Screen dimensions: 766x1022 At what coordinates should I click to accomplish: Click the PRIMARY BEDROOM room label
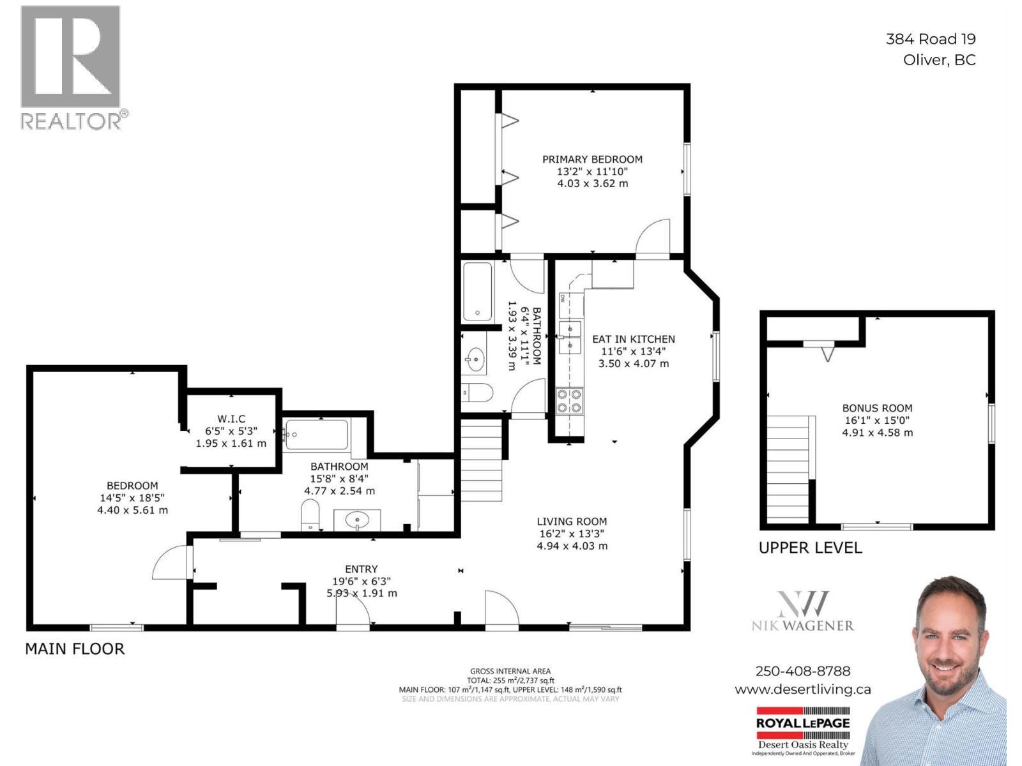(x=592, y=160)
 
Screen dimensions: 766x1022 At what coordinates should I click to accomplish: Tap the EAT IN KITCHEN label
(x=633, y=340)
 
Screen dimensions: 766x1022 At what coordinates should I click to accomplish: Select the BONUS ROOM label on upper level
(x=877, y=409)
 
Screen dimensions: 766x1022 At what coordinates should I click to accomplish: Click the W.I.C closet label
(x=231, y=419)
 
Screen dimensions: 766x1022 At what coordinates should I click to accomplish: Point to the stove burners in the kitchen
(x=569, y=401)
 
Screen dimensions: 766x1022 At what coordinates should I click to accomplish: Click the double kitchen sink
(x=570, y=336)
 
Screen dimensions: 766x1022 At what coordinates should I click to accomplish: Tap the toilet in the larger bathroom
(x=310, y=514)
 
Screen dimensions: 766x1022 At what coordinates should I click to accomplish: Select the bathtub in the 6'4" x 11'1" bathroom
(x=478, y=292)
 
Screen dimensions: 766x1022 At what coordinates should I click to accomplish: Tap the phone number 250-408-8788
(x=803, y=671)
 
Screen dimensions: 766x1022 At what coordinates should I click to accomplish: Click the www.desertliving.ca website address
(x=803, y=689)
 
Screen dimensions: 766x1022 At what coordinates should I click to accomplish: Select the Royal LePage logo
(x=803, y=723)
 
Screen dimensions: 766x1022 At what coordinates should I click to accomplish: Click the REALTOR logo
(x=71, y=67)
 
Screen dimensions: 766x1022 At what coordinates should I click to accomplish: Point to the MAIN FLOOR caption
(x=75, y=649)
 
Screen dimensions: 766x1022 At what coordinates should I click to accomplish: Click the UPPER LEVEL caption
(x=810, y=548)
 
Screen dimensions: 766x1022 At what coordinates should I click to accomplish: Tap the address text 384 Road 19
(x=931, y=39)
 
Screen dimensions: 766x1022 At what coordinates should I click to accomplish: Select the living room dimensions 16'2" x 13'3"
(x=572, y=534)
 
